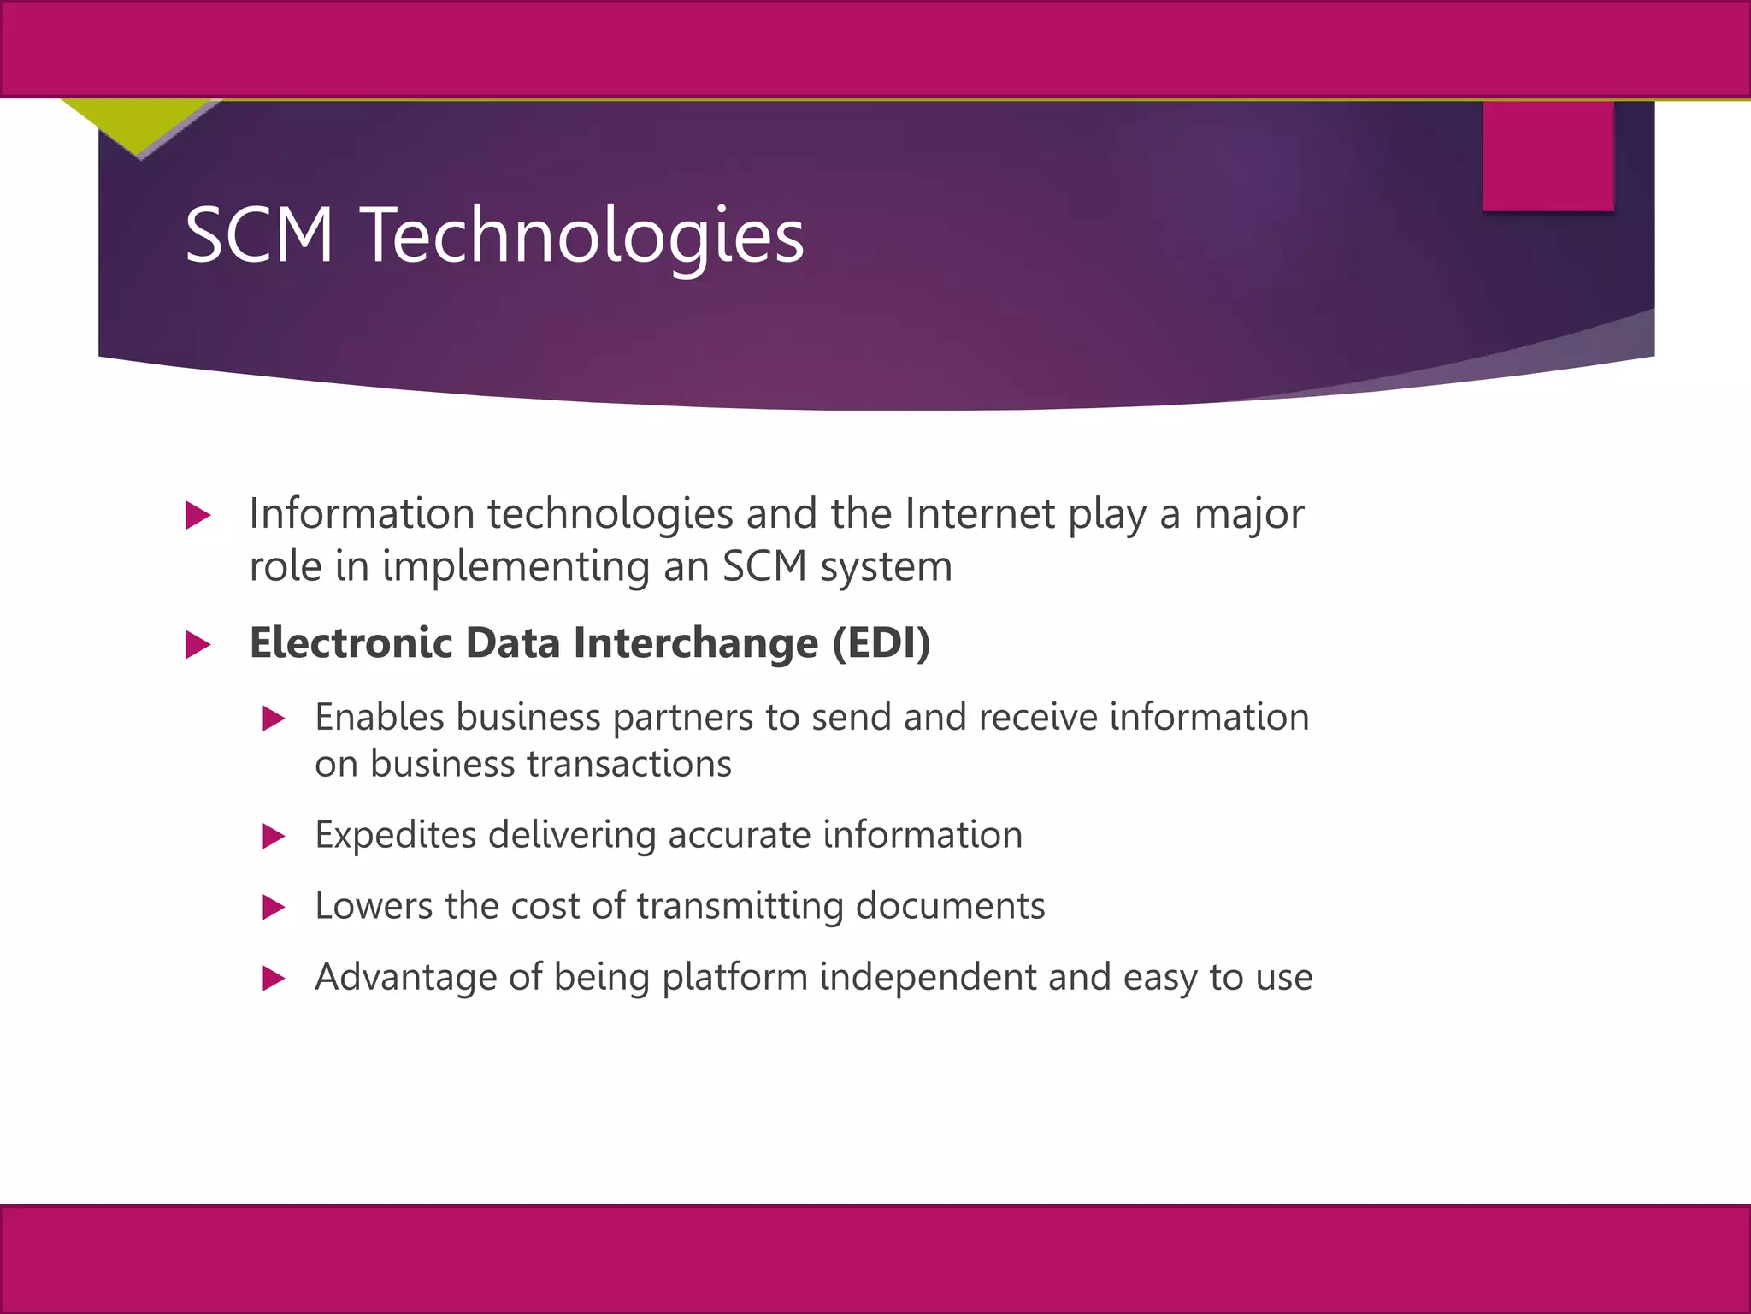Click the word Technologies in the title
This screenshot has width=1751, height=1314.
click(x=583, y=235)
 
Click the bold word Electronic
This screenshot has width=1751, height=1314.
click(x=351, y=642)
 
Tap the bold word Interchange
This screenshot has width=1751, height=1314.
click(x=696, y=644)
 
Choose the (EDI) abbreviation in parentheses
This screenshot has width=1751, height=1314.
click(x=881, y=643)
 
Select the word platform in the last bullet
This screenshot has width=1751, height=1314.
click(x=734, y=978)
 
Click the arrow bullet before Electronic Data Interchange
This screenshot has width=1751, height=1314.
click(x=198, y=644)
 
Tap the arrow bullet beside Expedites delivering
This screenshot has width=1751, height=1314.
click(x=274, y=836)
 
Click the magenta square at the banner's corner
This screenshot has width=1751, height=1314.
click(x=1548, y=156)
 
